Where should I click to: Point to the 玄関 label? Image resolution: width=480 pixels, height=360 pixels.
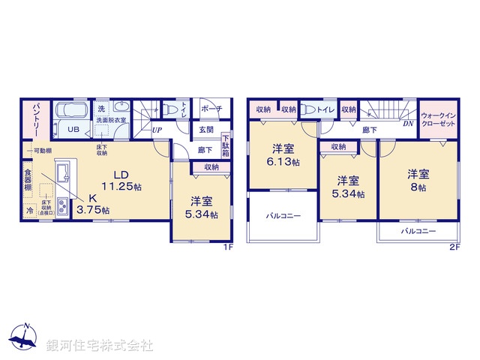205,130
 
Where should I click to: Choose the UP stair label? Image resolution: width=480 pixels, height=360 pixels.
157,130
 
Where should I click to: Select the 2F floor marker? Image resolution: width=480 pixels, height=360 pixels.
454,246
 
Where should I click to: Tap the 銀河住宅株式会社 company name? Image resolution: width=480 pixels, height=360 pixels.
100,346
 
